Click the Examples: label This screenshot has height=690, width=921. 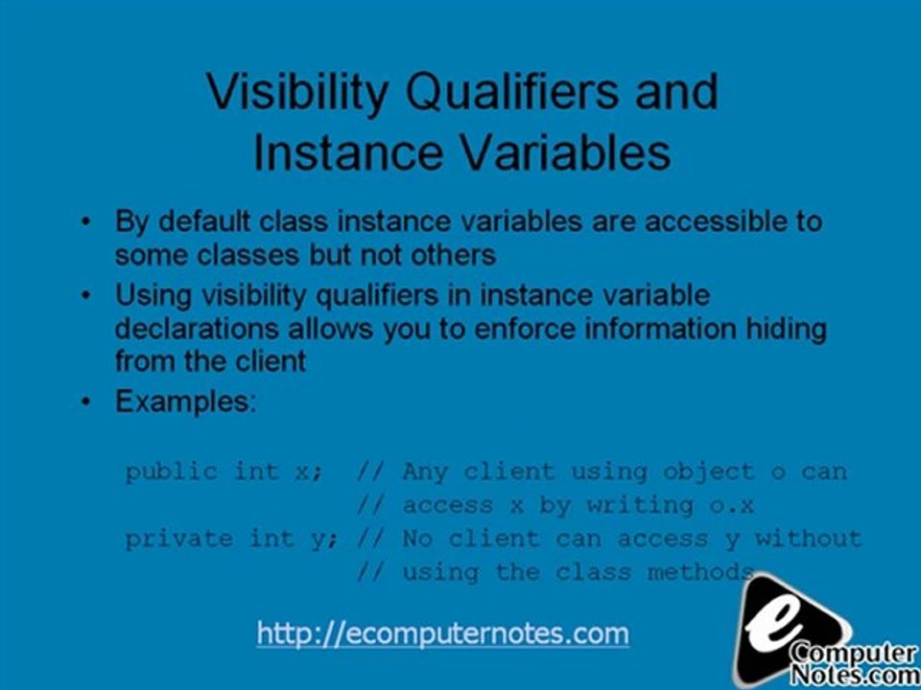tap(186, 402)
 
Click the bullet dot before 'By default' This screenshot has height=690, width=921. tap(87, 222)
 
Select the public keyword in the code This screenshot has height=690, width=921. tap(171, 471)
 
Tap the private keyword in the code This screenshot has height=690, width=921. tap(178, 539)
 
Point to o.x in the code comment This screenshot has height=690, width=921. tap(731, 505)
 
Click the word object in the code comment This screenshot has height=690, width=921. tap(708, 471)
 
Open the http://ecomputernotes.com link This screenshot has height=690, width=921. tap(442, 633)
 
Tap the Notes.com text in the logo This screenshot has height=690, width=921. tap(853, 673)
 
